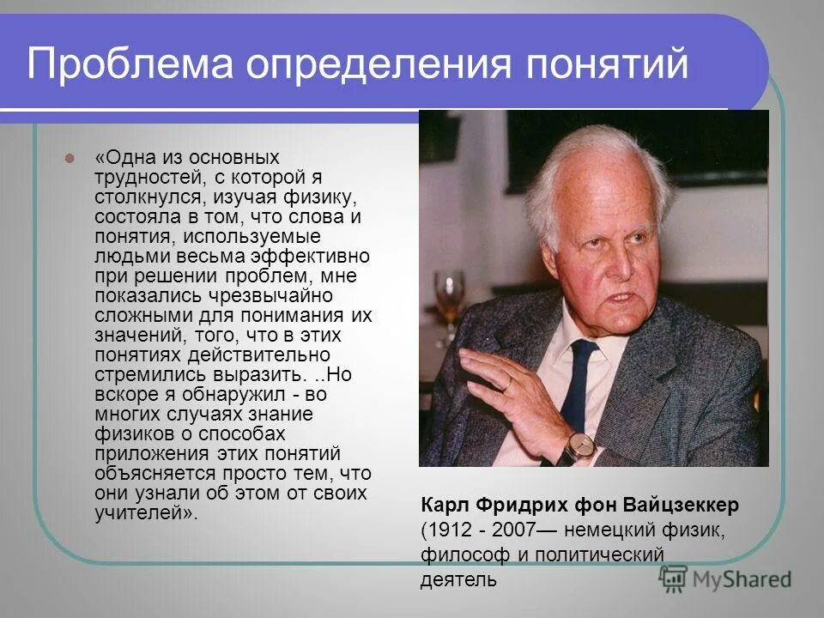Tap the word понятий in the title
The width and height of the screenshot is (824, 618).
604,65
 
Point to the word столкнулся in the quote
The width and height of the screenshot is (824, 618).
141,197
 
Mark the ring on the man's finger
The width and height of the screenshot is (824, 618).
507,384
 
